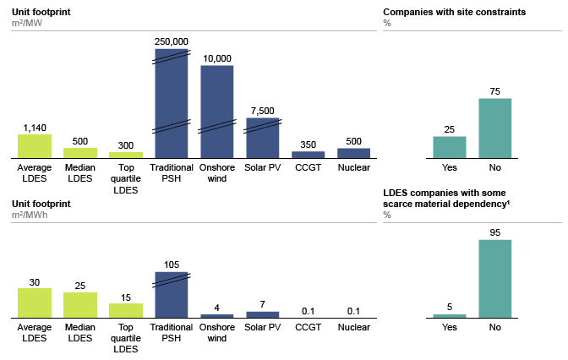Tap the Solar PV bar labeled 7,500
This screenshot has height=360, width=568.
[263, 138]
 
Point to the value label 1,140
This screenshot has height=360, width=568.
[35, 128]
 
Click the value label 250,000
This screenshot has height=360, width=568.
[172, 41]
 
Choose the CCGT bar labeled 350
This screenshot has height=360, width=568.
[309, 154]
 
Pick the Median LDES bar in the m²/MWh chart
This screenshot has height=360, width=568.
[80, 305]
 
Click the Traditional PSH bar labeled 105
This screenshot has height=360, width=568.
[172, 295]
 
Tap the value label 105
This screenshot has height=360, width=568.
[172, 264]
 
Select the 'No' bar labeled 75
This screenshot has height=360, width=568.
[495, 128]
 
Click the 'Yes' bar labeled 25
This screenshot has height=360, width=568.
[450, 147]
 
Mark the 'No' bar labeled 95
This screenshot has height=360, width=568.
[495, 278]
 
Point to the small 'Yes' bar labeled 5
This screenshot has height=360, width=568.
[450, 315]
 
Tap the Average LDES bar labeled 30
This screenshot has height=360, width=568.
[35, 303]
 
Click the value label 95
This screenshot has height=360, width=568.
[495, 232]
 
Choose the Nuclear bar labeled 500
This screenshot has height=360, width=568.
[354, 153]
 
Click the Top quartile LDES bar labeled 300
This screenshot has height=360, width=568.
[126, 155]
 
